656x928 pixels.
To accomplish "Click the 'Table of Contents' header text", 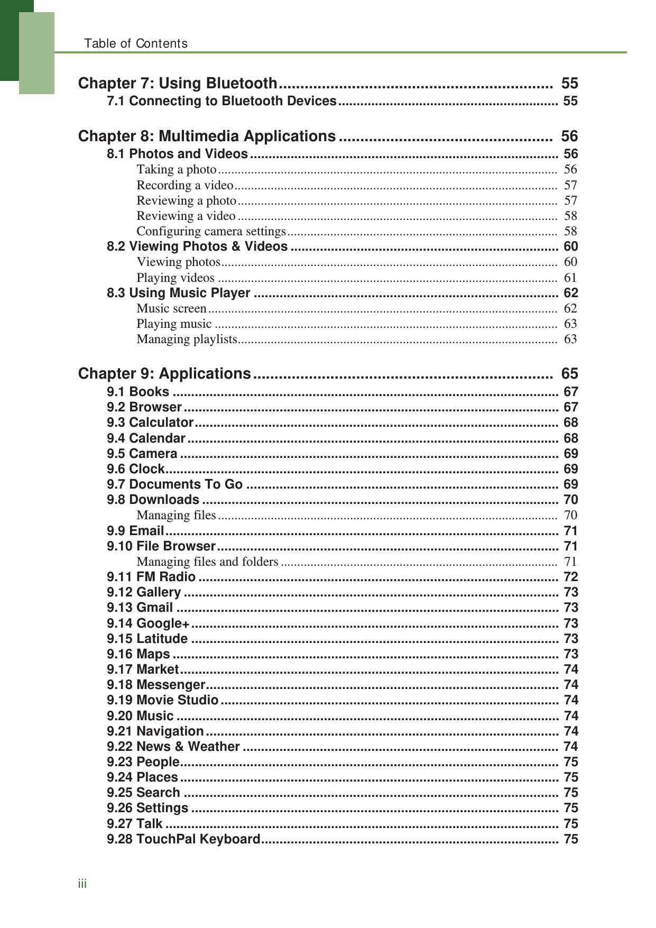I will tap(136, 43).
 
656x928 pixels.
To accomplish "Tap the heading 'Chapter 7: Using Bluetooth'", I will tap(178, 83).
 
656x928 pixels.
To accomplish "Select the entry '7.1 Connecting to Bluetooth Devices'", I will tap(221, 101).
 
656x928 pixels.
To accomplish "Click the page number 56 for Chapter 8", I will tap(569, 136).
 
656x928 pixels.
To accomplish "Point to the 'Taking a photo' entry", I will tap(177, 169).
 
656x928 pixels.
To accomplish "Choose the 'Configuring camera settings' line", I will tap(211, 231).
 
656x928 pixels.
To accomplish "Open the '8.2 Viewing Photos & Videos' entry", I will tap(197, 246).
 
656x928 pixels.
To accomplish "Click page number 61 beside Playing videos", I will tap(570, 278).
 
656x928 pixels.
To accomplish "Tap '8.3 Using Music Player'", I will tap(178, 293).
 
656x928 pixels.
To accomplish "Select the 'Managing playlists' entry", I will tap(187, 339).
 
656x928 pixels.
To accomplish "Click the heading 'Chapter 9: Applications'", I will tap(164, 374).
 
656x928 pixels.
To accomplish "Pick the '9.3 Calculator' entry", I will tap(150, 422).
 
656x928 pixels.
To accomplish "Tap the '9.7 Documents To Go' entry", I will tap(174, 484).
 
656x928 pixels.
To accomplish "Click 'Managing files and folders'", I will tap(207, 562).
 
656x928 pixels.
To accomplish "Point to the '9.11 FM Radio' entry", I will tap(151, 577).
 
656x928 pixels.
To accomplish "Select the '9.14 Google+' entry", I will tap(148, 623).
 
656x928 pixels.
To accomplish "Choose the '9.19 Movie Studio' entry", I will tap(162, 700).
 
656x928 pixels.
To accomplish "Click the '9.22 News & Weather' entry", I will tap(173, 747).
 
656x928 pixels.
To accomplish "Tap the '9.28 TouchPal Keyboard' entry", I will tap(183, 839).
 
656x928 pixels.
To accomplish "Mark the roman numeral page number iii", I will tap(82, 884).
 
